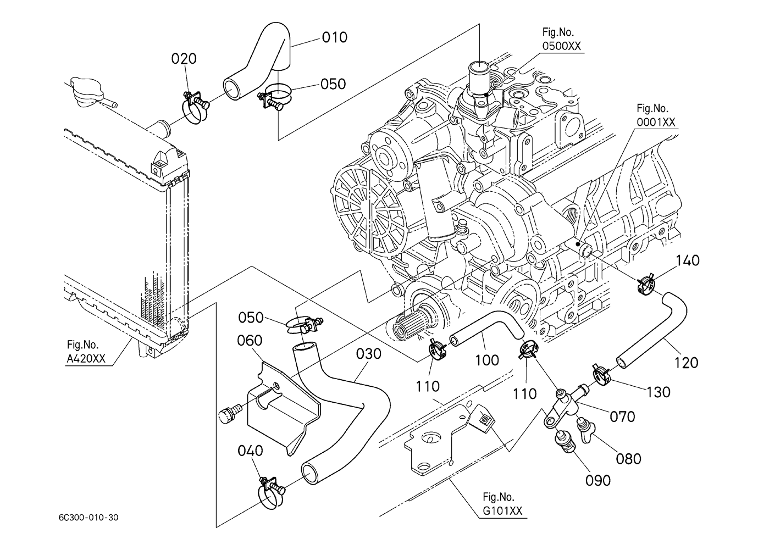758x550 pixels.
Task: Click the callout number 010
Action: pos(334,37)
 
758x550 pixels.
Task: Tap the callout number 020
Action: pos(184,59)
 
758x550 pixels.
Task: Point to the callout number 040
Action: pos(250,451)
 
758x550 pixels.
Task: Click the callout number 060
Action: pos(250,341)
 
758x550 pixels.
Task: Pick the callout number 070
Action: pos(622,416)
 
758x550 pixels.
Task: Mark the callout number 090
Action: pos(598,480)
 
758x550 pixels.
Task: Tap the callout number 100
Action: pos(487,360)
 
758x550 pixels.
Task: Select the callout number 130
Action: pos(658,392)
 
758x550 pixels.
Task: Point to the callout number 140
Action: pos(688,260)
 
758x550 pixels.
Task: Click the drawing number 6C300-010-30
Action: pos(89,518)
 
